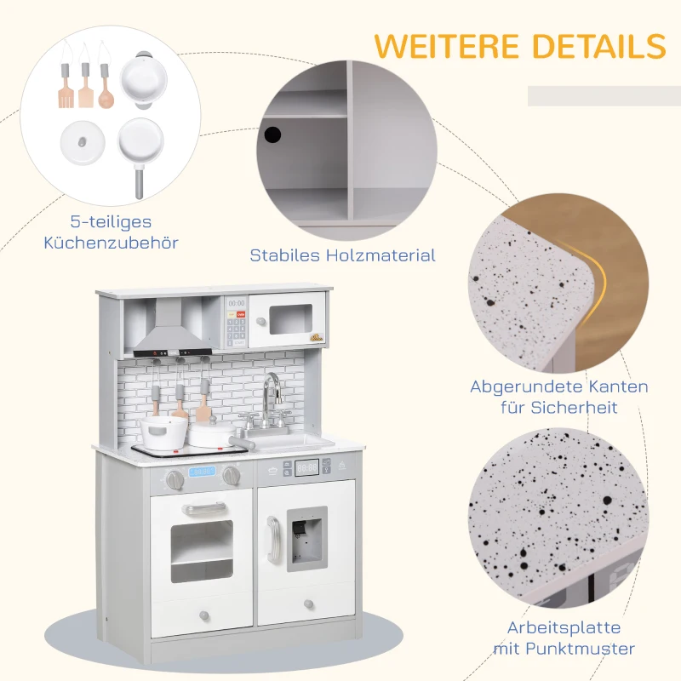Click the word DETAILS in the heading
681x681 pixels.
click(x=599, y=45)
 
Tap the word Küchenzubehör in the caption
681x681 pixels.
click(x=112, y=243)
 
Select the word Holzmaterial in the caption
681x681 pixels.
click(x=381, y=255)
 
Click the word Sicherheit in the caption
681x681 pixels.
click(x=574, y=408)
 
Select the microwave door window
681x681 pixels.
click(x=290, y=319)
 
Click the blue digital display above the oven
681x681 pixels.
click(x=202, y=472)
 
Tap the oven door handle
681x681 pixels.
click(x=204, y=508)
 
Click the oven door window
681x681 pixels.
click(x=202, y=551)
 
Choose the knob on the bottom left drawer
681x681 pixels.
click(x=203, y=615)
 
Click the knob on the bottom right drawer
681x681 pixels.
click(x=308, y=604)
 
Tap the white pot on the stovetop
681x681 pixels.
click(x=163, y=432)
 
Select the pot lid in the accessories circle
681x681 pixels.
click(x=83, y=142)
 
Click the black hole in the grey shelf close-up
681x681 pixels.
click(x=272, y=134)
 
